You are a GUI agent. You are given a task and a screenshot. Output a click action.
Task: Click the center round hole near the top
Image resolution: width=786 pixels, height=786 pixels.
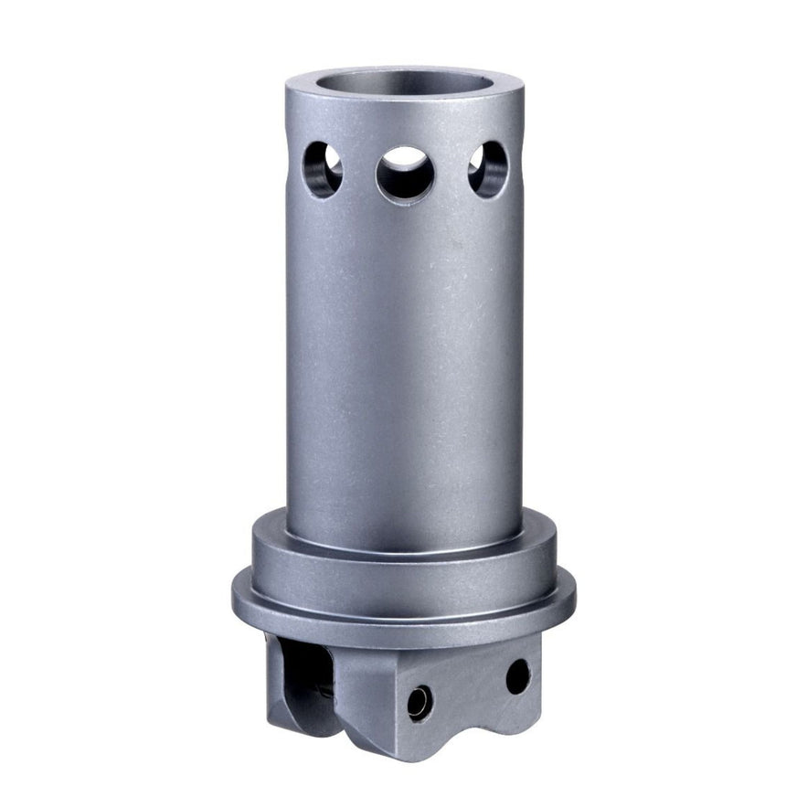[404, 174]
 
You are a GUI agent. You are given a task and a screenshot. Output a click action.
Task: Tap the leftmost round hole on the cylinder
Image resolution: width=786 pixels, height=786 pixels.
[323, 169]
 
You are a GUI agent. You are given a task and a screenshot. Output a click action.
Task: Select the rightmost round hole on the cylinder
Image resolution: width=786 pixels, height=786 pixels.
[488, 169]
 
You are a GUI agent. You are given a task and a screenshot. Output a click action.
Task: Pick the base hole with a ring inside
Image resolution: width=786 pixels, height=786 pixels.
[419, 702]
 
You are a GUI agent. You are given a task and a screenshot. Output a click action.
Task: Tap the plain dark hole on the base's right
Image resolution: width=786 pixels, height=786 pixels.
[517, 676]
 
